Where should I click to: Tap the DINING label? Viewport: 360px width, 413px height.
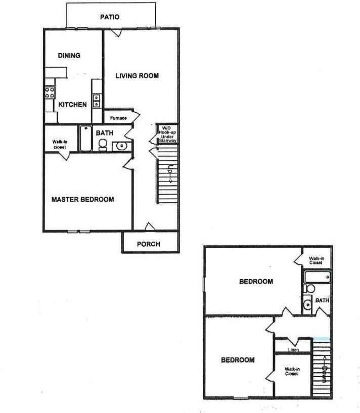[x=69, y=56]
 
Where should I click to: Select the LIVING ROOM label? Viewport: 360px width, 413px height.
[x=137, y=76]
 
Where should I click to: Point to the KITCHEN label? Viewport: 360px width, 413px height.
[x=72, y=105]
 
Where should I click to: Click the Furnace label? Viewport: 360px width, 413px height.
[x=119, y=118]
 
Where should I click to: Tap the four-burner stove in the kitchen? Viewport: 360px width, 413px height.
[x=50, y=92]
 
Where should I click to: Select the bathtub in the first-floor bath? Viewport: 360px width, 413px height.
[x=85, y=138]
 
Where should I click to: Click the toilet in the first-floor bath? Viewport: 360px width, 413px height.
[x=103, y=145]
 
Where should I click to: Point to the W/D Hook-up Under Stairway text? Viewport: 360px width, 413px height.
[x=168, y=134]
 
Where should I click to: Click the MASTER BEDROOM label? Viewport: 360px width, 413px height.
[x=82, y=199]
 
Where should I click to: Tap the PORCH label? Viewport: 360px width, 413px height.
[x=149, y=244]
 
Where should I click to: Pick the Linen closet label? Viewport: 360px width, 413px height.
[x=293, y=350]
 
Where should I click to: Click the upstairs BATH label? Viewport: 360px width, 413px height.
[x=322, y=300]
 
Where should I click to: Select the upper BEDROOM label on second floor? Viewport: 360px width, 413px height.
[x=256, y=282]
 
